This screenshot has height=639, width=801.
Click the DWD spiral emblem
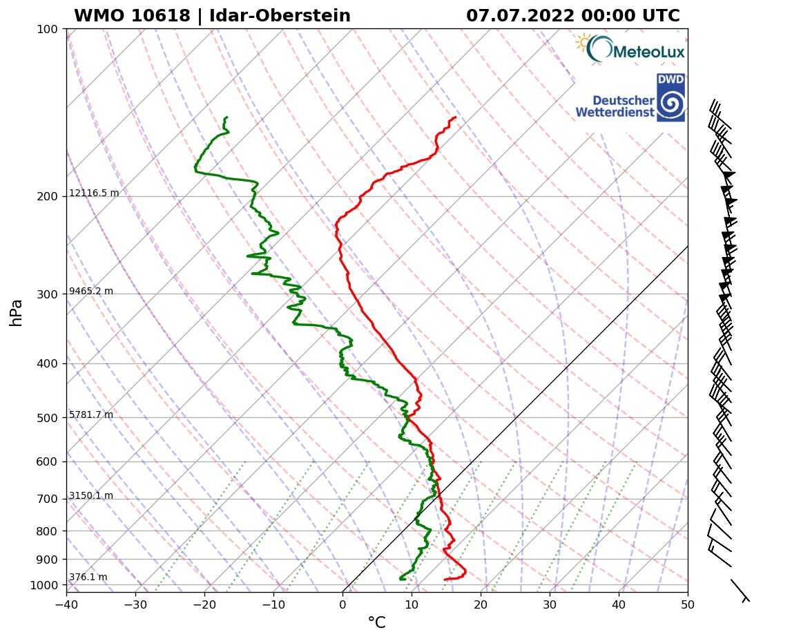[670, 104]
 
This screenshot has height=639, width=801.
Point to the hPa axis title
[17, 312]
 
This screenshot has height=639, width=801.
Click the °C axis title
[376, 623]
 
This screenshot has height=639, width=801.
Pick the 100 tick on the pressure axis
[47, 29]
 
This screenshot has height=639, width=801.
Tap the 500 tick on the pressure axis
[47, 418]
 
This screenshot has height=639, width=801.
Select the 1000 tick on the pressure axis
[44, 586]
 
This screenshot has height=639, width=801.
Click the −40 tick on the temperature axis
[66, 605]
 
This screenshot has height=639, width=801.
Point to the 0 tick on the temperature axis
[342, 605]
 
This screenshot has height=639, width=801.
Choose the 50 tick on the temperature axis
[688, 605]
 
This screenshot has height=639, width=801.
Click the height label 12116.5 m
[94, 193]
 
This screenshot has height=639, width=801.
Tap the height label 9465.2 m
[91, 292]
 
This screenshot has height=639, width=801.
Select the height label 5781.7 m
[91, 415]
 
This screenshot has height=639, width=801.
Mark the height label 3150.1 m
[91, 496]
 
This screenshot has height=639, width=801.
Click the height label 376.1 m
[88, 578]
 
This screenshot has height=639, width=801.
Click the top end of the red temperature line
[455, 117]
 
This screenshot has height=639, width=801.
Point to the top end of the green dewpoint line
[226, 117]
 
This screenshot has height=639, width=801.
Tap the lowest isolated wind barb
[740, 590]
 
